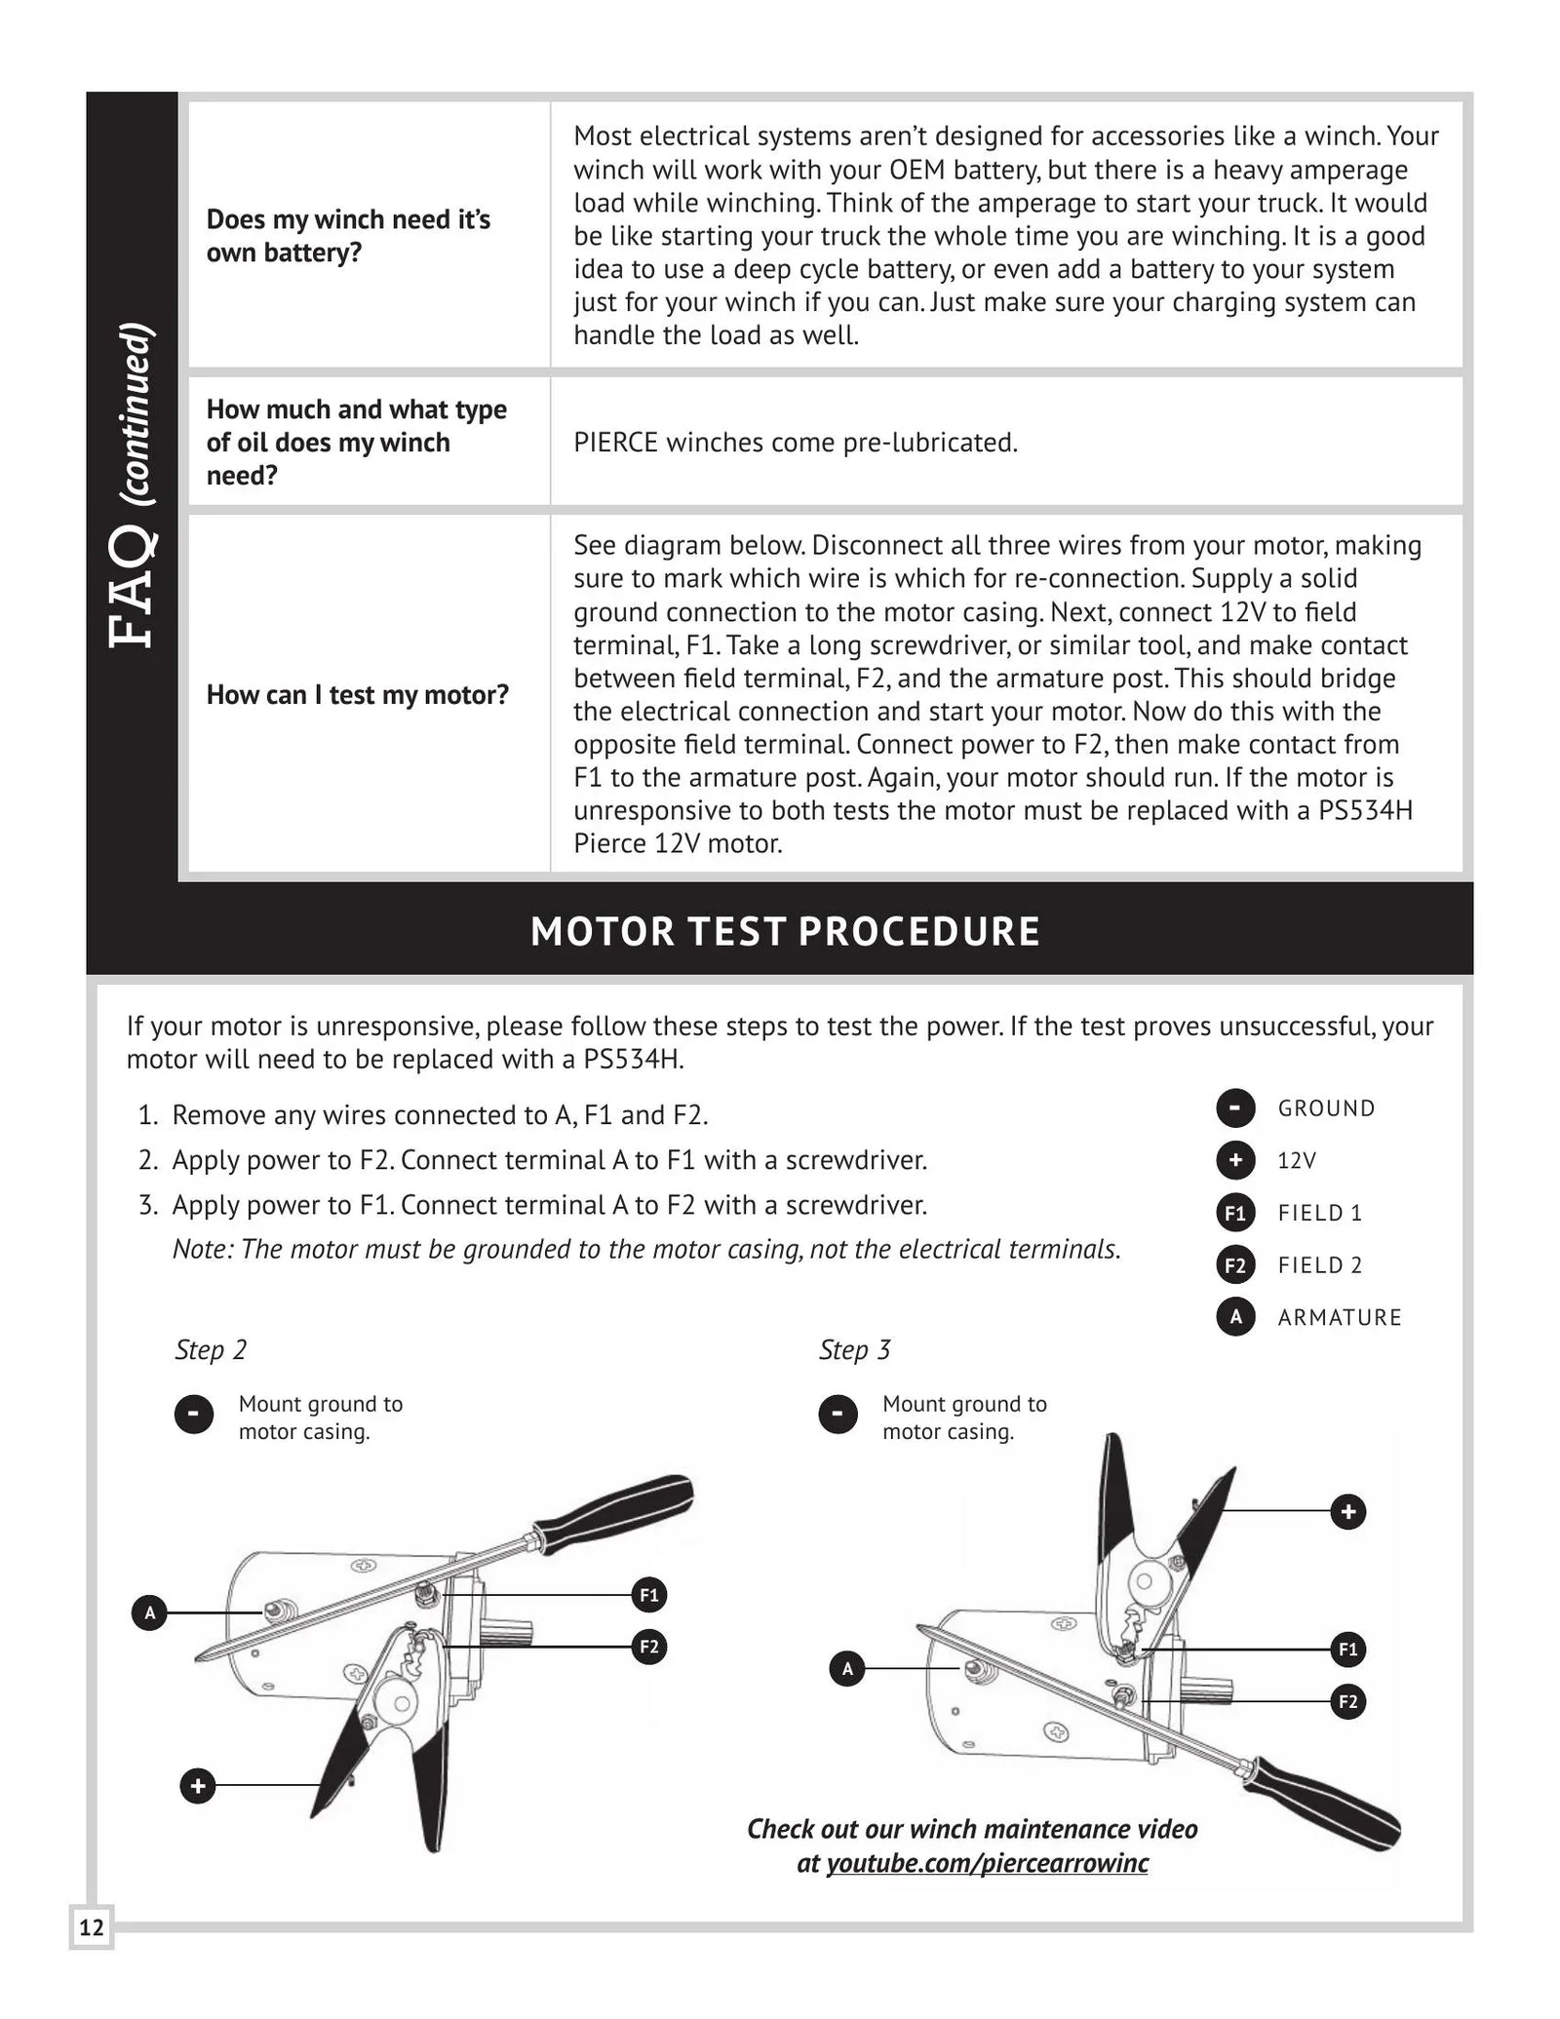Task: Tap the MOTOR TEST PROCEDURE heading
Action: coord(785,931)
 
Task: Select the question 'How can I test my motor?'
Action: coord(357,695)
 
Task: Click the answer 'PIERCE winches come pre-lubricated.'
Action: coord(795,443)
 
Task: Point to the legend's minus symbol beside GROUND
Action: coord(1234,1108)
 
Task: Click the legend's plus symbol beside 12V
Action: coord(1234,1160)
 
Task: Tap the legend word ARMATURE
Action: coord(1339,1317)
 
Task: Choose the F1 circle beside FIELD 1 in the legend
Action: coord(1234,1213)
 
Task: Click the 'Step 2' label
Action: coord(211,1350)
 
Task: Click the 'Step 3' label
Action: coord(854,1350)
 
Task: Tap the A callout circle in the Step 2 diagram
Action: coord(149,1613)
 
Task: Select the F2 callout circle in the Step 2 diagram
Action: coord(648,1648)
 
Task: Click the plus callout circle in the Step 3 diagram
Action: coord(1347,1512)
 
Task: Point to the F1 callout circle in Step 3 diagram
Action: coord(1347,1650)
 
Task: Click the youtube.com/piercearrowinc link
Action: coord(987,1863)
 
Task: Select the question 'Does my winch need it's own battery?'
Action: coord(348,236)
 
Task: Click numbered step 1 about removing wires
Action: coord(439,1115)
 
